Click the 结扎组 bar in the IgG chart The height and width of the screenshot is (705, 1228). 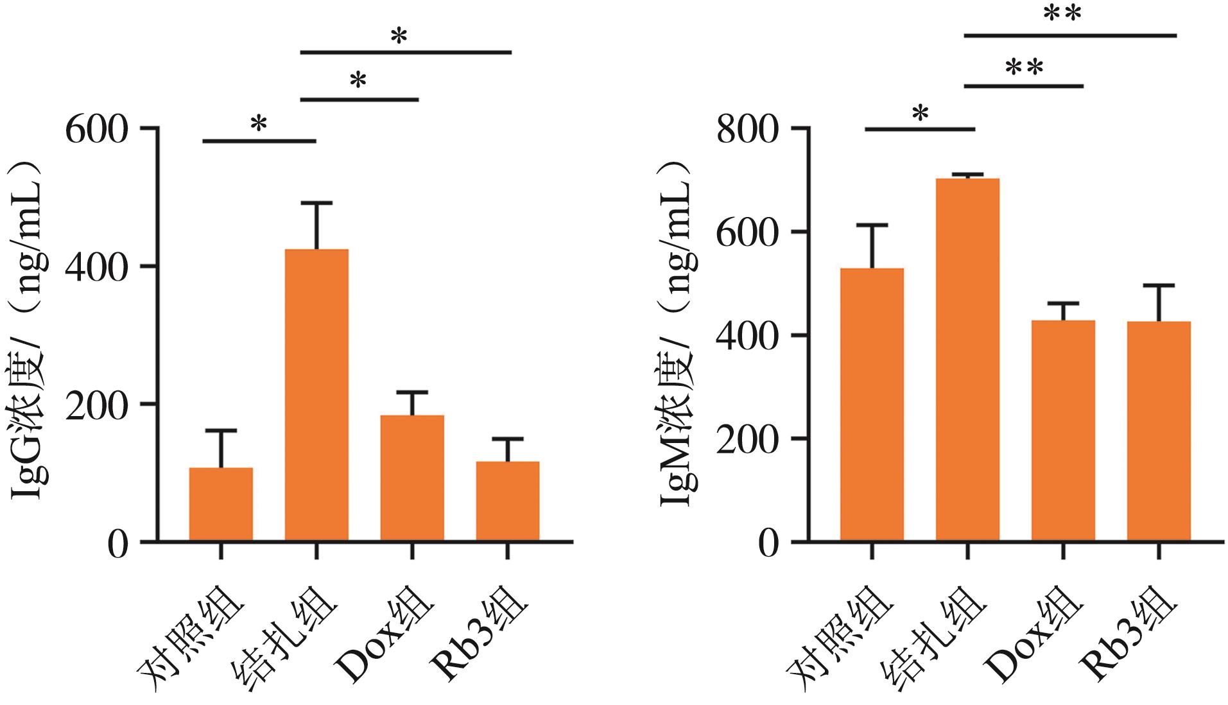[x=316, y=395]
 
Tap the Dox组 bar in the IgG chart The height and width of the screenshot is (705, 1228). [x=412, y=478]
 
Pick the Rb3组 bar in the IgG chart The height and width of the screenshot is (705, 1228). [x=508, y=501]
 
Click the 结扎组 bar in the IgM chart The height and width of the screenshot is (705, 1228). [x=967, y=360]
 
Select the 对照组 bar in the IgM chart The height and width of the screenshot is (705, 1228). [x=872, y=405]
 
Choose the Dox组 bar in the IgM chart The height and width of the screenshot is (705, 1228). [x=1063, y=430]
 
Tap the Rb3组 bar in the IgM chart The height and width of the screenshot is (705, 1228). [x=1159, y=431]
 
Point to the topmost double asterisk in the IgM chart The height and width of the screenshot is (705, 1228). [x=1062, y=14]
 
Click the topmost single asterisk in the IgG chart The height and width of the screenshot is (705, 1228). [x=399, y=37]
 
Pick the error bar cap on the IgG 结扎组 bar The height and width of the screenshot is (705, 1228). [x=316, y=203]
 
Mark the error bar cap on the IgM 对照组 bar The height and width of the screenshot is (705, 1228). [x=872, y=225]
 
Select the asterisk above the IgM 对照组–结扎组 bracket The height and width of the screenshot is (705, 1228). [x=920, y=114]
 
